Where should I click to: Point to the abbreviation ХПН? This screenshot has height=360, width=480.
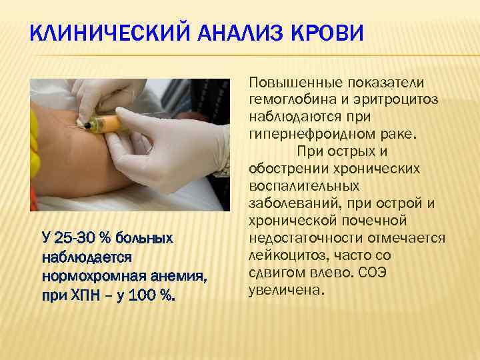(79, 291)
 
